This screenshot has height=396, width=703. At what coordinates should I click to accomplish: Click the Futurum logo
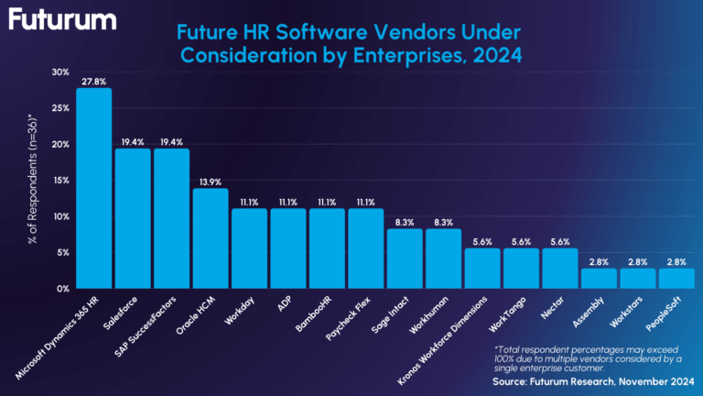click(x=63, y=19)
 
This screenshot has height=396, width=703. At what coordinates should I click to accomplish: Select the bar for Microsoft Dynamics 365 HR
click(x=93, y=188)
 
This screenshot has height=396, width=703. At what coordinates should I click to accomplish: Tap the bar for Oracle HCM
click(x=210, y=238)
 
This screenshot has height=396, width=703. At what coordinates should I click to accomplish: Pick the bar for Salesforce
click(x=132, y=218)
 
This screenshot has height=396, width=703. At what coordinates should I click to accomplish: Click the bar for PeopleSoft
click(x=676, y=278)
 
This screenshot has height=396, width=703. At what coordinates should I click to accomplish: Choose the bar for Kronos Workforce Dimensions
click(x=482, y=268)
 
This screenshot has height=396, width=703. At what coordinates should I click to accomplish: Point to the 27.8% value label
click(x=93, y=81)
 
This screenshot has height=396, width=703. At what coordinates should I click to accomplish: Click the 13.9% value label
click(x=210, y=181)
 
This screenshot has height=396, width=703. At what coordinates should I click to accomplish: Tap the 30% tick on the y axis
click(x=60, y=72)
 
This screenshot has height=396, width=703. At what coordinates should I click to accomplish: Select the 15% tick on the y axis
click(x=60, y=181)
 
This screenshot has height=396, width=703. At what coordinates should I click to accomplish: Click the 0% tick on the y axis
click(x=63, y=289)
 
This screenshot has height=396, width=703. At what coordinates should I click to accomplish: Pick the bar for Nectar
click(x=560, y=268)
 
